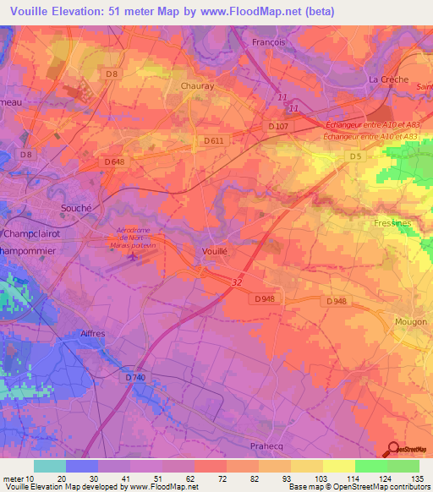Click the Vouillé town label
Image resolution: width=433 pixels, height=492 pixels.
click(x=215, y=251)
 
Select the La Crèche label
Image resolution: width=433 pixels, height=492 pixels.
click(x=388, y=79)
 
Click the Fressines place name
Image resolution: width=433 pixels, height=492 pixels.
click(x=392, y=223)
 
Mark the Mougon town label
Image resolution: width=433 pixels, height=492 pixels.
click(x=411, y=321)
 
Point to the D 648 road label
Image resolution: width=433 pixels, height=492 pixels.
click(x=114, y=161)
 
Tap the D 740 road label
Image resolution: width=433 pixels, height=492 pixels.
click(x=135, y=377)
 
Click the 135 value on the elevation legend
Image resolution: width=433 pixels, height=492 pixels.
click(x=416, y=478)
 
